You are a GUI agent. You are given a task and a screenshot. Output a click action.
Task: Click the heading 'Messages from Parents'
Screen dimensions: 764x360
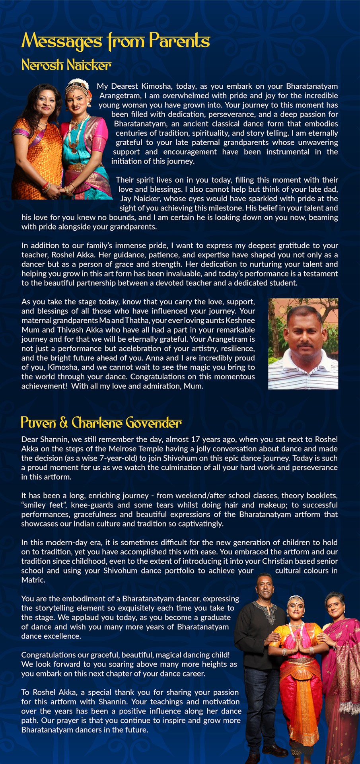click(115, 41)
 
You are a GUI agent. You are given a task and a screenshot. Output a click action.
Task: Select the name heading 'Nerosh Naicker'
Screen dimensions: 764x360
click(66, 65)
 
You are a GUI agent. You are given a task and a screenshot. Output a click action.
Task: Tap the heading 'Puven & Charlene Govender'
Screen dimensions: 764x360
click(101, 422)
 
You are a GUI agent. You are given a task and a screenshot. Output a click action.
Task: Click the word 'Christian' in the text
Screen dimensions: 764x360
click(283, 561)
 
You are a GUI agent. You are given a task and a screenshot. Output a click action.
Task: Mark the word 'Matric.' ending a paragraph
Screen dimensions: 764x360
click(33, 580)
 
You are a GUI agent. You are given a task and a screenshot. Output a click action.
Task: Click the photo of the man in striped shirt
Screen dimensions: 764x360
click(303, 344)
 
